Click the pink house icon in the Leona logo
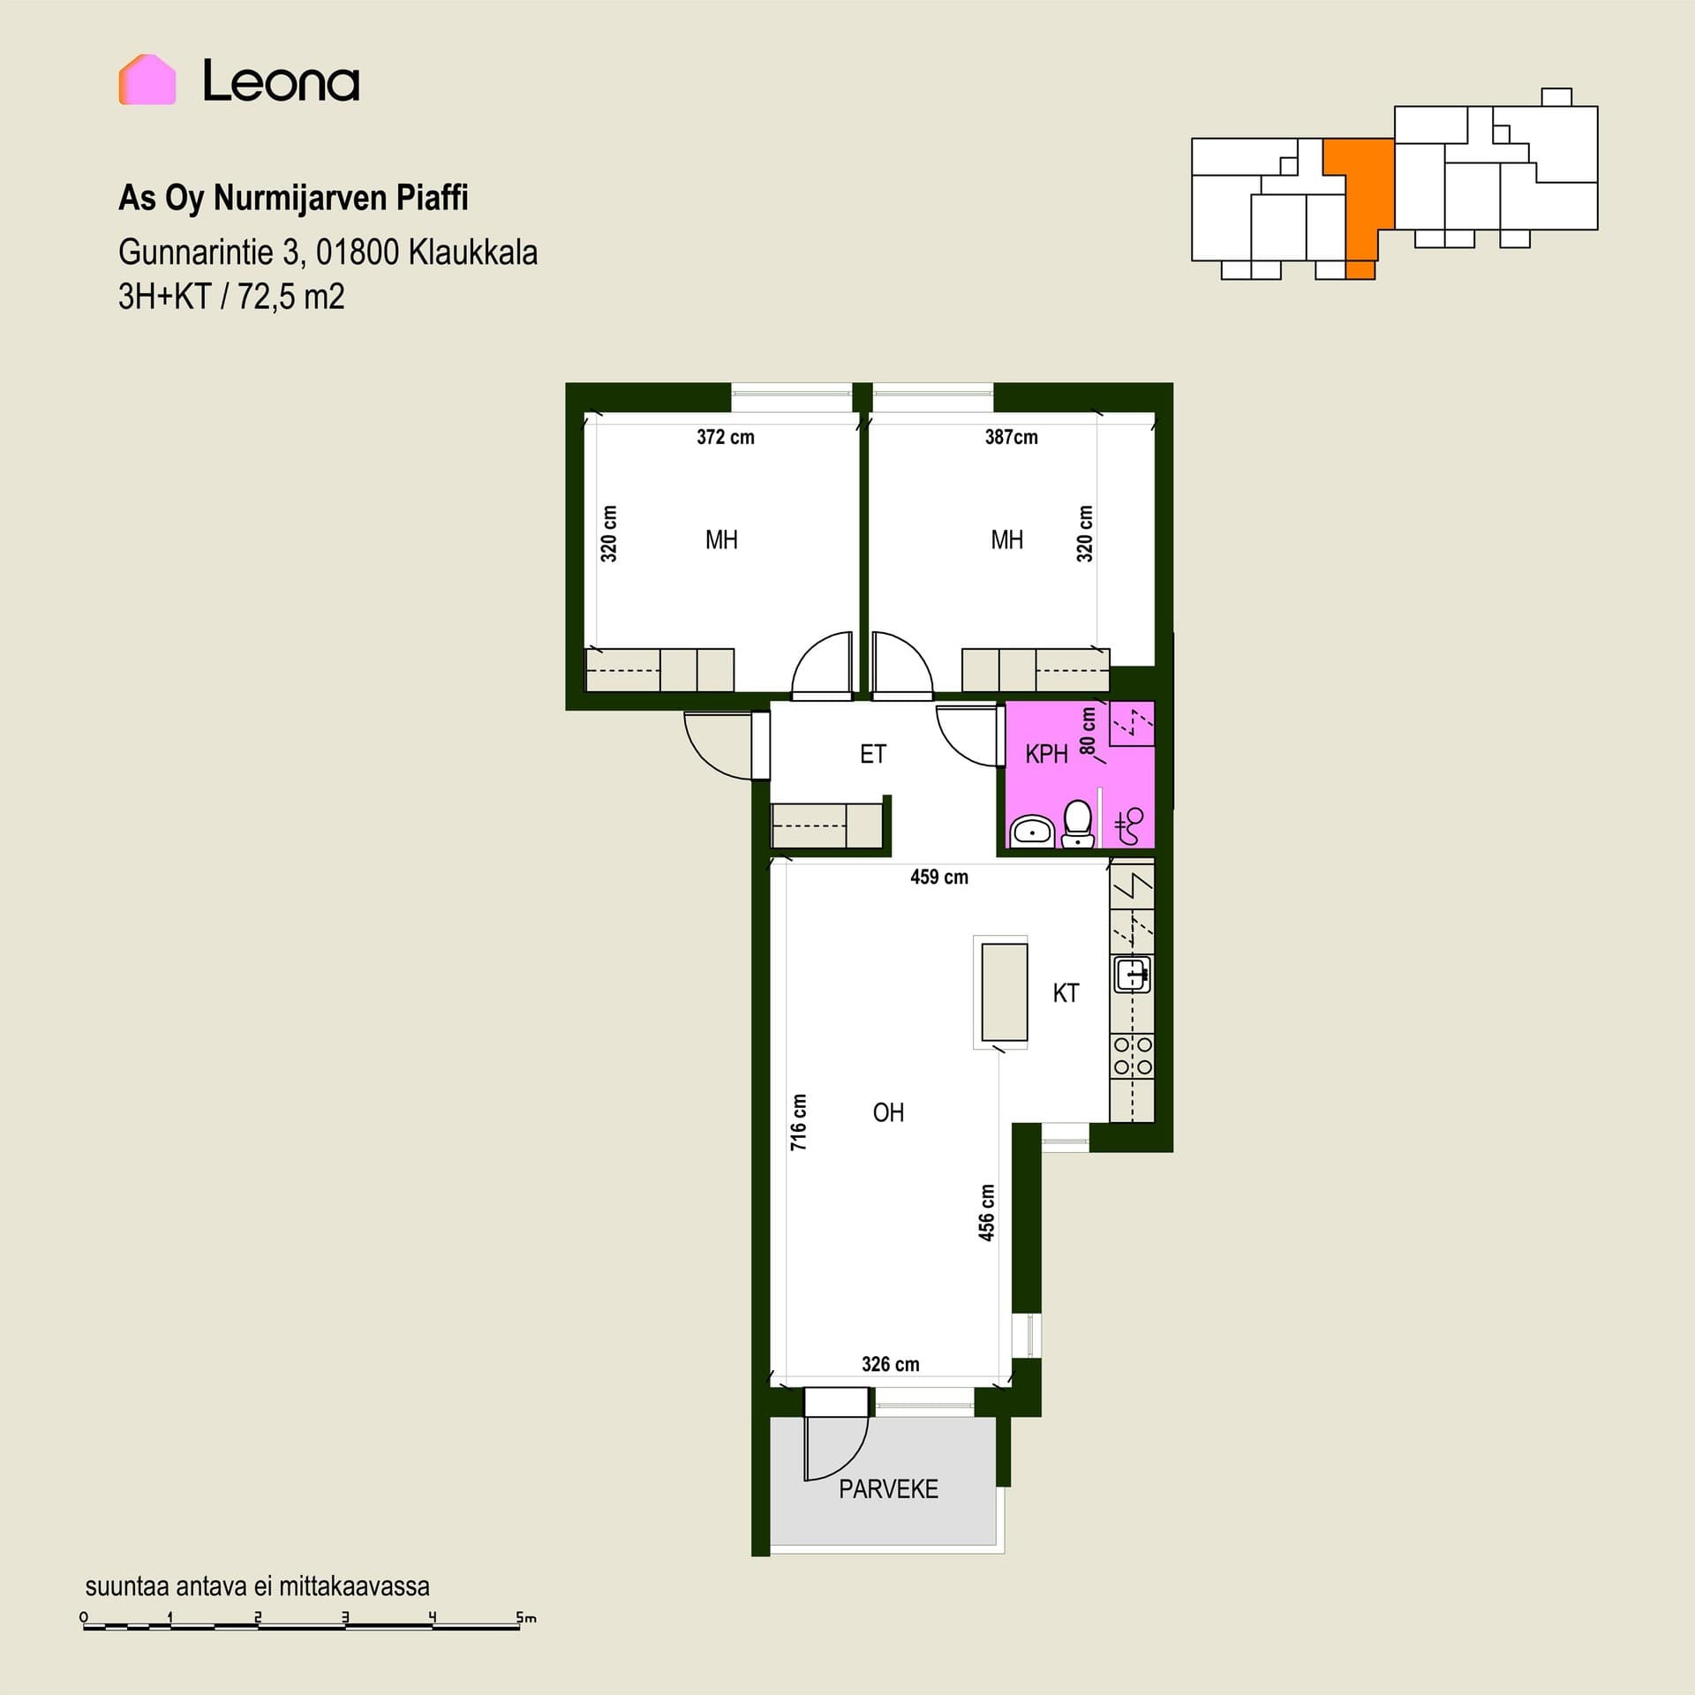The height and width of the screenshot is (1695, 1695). coord(147,80)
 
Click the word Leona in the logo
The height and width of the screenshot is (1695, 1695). coord(281,81)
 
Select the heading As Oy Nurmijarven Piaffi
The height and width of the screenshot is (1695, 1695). coord(293,199)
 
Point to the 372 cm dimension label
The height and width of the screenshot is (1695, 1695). coord(726,437)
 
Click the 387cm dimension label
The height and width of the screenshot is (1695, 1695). coord(1012,437)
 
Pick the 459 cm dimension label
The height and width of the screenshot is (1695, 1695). coord(939,878)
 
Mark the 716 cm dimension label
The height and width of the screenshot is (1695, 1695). coord(799,1122)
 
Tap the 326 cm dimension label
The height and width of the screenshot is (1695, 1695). coord(891,1365)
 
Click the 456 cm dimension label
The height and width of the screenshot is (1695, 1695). coord(987,1213)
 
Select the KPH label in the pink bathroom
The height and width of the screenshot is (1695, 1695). coord(1046,755)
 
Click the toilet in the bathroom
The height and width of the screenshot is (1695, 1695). coord(1078,823)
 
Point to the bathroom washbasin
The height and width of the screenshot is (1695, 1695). coord(1031,832)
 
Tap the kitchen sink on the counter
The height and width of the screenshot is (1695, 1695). coord(1133,975)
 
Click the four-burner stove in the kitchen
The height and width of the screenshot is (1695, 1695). coord(1133,1056)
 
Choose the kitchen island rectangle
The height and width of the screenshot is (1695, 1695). coord(1005,992)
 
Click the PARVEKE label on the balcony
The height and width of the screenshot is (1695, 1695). coord(888,1489)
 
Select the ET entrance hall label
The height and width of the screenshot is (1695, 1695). coord(873,755)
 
